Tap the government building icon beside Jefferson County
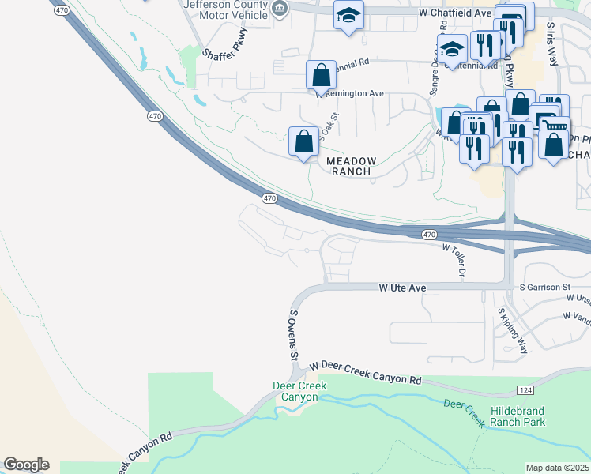tap(278, 9)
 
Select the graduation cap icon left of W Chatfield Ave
tap(347, 15)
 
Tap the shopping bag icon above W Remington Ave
tap(321, 76)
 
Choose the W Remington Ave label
tap(351, 93)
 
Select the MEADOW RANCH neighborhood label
tap(352, 166)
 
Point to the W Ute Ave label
tap(402, 288)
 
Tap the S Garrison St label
tap(545, 288)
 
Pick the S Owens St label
tap(293, 335)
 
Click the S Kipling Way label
tap(513, 328)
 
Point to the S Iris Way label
tap(552, 37)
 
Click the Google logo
tap(26, 465)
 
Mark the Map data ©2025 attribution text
tap(557, 468)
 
